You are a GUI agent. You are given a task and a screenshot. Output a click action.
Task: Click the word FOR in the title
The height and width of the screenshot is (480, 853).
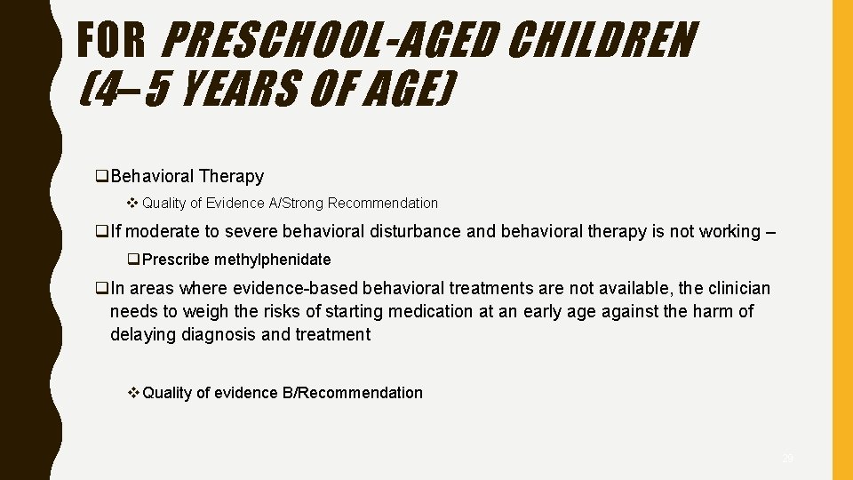pos(113,40)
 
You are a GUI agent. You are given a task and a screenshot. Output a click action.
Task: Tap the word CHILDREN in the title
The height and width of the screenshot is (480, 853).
pos(605,40)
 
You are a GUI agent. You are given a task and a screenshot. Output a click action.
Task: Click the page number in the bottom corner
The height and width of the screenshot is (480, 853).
pos(787,459)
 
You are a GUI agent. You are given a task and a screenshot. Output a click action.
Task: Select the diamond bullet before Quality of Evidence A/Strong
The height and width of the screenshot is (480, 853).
pos(133,204)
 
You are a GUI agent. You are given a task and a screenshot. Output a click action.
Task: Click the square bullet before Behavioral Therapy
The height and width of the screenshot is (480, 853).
pos(102,177)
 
